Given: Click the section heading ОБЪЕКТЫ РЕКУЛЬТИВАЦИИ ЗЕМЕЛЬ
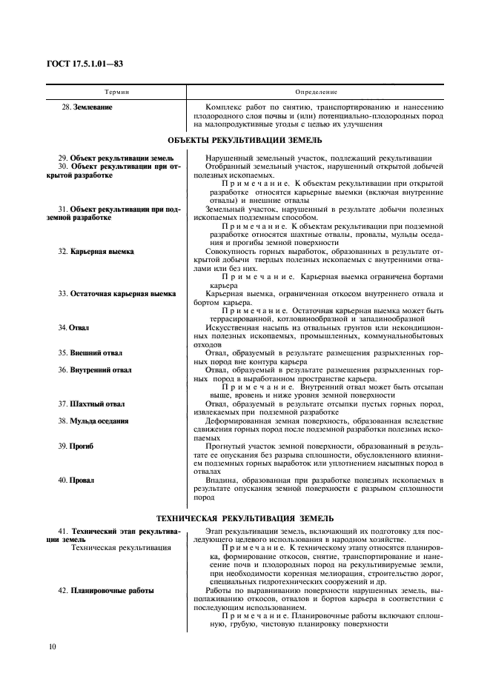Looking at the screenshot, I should (245, 140).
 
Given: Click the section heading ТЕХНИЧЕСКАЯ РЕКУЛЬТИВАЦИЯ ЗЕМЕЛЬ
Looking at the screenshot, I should (245, 518).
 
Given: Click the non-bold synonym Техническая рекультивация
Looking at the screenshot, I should (119, 549).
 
